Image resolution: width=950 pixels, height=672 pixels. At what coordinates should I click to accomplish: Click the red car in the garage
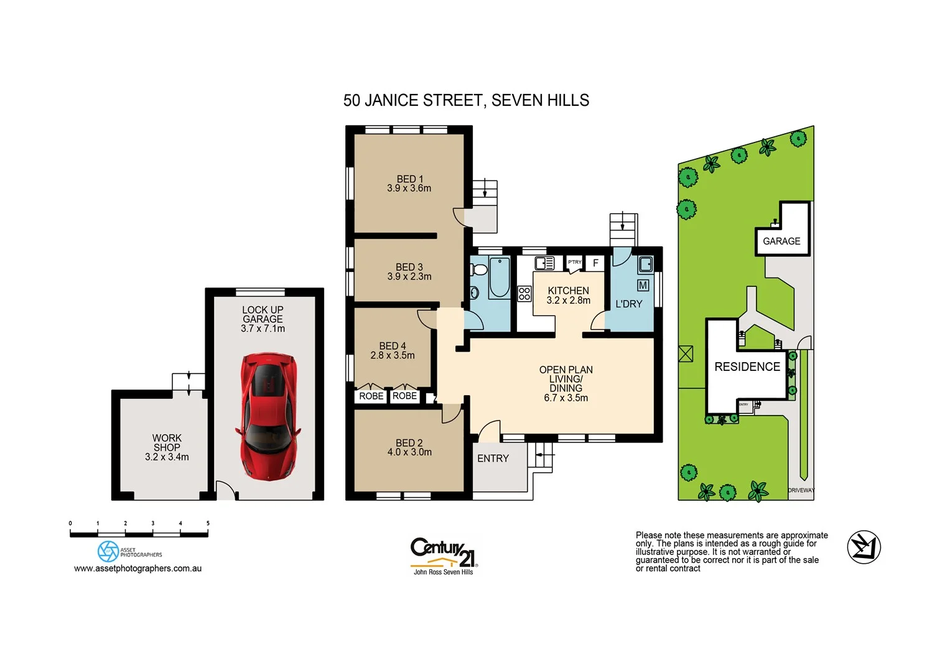coord(268,416)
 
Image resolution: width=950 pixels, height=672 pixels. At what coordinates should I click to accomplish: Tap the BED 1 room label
coord(409,179)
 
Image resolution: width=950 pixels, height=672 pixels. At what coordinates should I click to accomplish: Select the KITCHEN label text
coord(568,291)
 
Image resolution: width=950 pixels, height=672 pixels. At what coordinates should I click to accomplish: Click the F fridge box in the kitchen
coord(595,263)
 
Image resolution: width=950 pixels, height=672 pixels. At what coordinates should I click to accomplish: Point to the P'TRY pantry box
coord(574,263)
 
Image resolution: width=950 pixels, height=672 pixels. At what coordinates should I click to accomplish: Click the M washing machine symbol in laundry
coord(643,285)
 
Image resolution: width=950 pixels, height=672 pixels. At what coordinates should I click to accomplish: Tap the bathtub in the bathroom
coord(499,278)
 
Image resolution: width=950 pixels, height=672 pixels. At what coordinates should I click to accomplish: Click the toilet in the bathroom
coord(478,270)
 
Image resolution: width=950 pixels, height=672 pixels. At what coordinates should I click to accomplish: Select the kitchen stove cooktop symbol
coord(524,294)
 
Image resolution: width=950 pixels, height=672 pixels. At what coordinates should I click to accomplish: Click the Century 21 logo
coord(444,554)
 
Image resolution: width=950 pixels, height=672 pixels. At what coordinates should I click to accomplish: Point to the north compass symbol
coord(864,547)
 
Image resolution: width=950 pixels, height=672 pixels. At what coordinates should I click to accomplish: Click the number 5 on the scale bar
coord(208,523)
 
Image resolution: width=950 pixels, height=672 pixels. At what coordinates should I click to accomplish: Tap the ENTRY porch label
coord(493,459)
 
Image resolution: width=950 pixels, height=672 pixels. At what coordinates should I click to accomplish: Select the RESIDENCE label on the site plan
coord(747,366)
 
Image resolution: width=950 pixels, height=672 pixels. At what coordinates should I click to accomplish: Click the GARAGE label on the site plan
coord(781,241)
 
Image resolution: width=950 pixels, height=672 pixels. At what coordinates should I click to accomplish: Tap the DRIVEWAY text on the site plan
coord(801,490)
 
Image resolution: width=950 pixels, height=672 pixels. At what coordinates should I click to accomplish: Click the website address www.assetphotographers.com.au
coord(137,568)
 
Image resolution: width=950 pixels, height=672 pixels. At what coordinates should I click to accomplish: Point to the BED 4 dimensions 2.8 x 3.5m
coord(392,355)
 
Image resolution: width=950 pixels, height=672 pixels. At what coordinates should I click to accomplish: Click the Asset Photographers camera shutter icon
coord(108,551)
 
